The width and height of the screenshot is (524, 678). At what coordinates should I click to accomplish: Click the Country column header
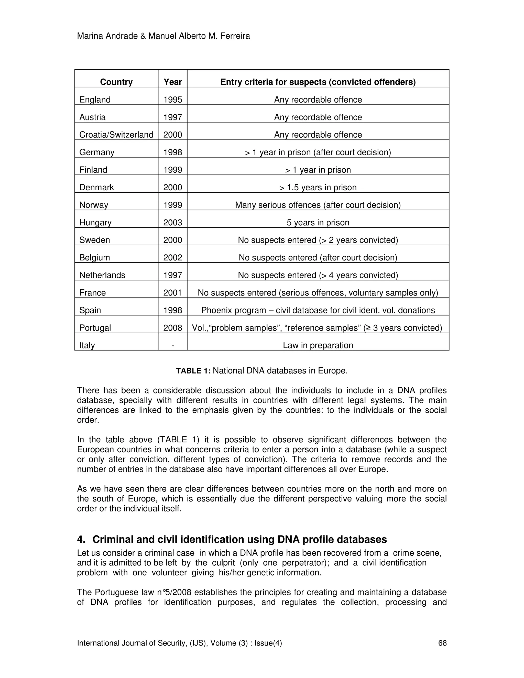[x=116, y=82]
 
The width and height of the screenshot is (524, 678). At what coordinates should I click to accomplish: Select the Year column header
[x=173, y=82]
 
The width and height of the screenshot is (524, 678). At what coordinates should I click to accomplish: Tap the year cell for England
[x=173, y=100]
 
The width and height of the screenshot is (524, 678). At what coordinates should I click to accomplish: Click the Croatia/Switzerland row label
[x=116, y=135]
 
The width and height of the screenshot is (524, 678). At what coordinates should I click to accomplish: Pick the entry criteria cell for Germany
[x=318, y=152]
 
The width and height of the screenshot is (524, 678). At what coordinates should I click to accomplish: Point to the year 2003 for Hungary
[x=173, y=223]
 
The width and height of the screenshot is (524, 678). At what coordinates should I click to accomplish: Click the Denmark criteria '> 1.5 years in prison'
[x=318, y=188]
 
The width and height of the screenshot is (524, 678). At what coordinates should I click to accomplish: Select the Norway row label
[x=94, y=205]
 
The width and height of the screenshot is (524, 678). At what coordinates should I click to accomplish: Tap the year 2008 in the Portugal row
[x=173, y=328]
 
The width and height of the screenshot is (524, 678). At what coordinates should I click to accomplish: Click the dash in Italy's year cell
[x=173, y=345]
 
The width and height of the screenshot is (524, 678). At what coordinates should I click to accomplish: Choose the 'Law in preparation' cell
[x=318, y=345]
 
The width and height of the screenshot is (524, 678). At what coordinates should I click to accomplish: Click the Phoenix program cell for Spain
[x=318, y=310]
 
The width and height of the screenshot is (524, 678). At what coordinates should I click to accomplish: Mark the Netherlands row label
[x=102, y=275]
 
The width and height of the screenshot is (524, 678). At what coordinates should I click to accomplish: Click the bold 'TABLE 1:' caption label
[x=193, y=371]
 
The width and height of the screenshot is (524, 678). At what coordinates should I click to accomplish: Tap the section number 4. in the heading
[x=81, y=540]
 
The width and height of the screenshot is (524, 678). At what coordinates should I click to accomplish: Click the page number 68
[x=442, y=643]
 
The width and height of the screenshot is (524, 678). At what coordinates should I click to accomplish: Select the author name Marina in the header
[x=90, y=36]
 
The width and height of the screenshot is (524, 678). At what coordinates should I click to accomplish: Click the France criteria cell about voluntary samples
[x=318, y=293]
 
